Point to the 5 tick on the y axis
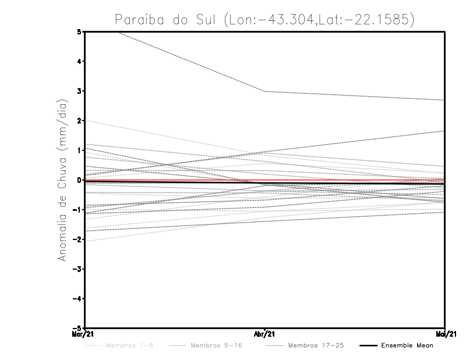tap(79, 31)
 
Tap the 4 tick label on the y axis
tap(79, 61)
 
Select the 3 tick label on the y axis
tap(79, 91)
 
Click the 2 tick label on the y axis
tap(79, 121)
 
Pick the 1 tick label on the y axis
tap(79, 150)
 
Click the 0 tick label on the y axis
tap(79, 180)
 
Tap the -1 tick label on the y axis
tap(77, 210)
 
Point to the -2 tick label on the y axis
tap(77, 239)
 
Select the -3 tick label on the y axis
tap(77, 269)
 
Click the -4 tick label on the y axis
tap(77, 299)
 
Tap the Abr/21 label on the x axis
tap(265, 334)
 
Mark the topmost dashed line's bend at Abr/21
tap(265, 91)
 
